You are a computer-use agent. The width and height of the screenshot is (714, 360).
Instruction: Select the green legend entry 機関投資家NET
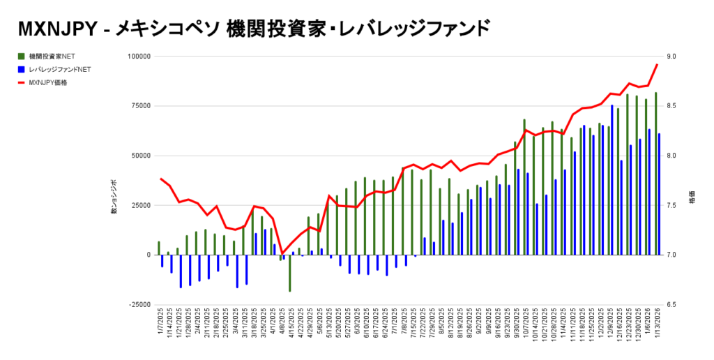click(52, 56)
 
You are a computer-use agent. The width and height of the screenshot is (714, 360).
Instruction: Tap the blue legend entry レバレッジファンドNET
click(59, 69)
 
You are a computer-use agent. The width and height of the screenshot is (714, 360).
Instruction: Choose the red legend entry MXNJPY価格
click(53, 82)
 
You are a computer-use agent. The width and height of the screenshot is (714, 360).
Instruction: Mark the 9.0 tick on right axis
click(672, 56)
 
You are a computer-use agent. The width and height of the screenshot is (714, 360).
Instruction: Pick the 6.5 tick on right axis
click(672, 305)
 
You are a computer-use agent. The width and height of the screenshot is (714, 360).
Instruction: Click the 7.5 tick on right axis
click(672, 205)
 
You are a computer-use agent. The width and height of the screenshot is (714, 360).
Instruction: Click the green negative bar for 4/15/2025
click(290, 273)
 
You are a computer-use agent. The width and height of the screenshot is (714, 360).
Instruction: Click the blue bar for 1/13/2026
click(659, 194)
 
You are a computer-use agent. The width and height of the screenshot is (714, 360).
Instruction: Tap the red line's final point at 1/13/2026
click(657, 64)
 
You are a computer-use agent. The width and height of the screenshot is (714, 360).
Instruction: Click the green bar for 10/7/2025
click(524, 187)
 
